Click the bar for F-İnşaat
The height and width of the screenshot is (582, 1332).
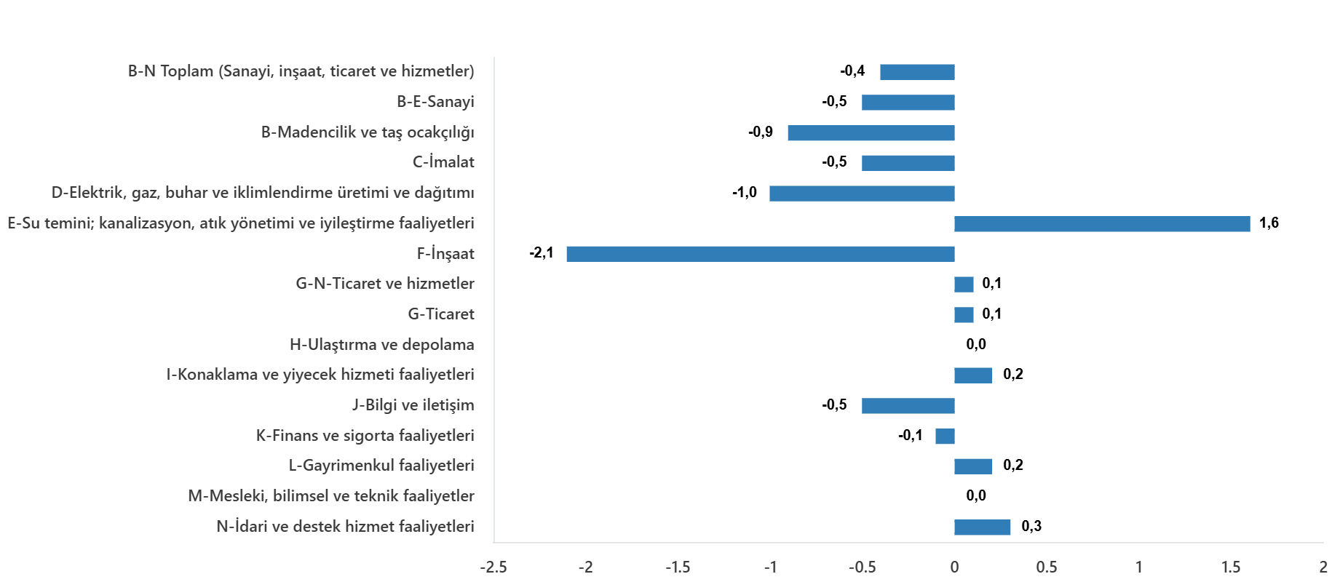tap(760, 254)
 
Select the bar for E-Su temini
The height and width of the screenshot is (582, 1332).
tap(1102, 224)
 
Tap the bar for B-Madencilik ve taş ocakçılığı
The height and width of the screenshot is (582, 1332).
tap(871, 133)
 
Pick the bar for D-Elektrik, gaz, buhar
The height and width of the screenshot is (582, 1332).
tap(862, 194)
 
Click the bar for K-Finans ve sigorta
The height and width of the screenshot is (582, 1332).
tap(945, 436)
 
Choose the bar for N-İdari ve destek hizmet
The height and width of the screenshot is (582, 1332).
tap(982, 527)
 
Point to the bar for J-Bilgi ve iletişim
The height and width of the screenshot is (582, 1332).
tap(908, 406)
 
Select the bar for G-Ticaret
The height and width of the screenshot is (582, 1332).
tap(964, 315)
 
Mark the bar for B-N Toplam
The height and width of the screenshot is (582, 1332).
tap(917, 72)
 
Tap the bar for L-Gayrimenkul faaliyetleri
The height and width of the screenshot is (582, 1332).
tap(972, 466)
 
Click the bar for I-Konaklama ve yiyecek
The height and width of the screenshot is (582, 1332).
tap(972, 375)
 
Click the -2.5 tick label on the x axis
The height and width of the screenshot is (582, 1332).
tap(493, 566)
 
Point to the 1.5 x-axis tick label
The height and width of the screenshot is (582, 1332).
tap(1231, 566)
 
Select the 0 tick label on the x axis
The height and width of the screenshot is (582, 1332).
tap(954, 566)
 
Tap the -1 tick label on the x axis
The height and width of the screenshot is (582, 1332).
tap(770, 566)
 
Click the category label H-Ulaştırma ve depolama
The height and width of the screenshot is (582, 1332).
tap(381, 345)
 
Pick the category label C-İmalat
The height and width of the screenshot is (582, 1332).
tap(443, 163)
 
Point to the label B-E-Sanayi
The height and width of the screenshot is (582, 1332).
tap(435, 103)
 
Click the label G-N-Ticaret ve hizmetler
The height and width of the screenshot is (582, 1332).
tap(385, 284)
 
